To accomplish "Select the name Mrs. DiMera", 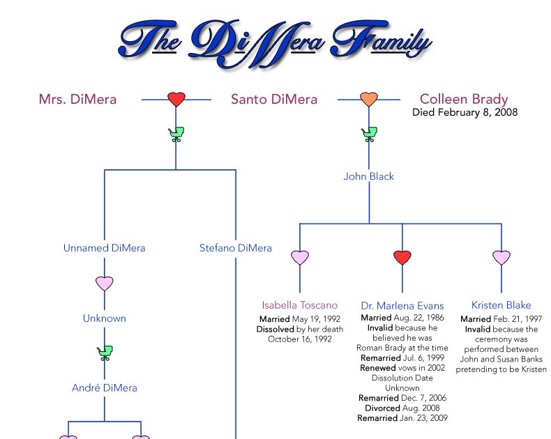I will (x=77, y=99).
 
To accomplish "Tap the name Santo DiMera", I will (x=274, y=99).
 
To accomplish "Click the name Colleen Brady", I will (x=464, y=99).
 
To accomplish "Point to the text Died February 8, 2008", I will (x=465, y=112).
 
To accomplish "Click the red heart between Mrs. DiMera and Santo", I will (x=176, y=99).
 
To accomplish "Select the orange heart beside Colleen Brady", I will (x=369, y=99).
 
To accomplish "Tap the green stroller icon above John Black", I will (x=369, y=134).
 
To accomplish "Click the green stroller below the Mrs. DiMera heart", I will (x=176, y=134).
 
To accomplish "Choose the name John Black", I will (x=369, y=176).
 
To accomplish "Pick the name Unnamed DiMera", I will (x=105, y=247).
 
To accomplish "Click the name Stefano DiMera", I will (x=236, y=247).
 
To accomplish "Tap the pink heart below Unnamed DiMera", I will (x=105, y=284).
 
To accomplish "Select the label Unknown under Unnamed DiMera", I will (x=105, y=318).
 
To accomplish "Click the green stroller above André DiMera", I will (x=105, y=353).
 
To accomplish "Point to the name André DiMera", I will (x=105, y=387).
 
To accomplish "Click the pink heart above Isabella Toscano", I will (x=300, y=258).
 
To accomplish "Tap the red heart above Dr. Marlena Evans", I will (x=402, y=258).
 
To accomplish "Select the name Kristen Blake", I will (x=501, y=305).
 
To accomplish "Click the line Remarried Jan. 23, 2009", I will (x=402, y=418).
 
